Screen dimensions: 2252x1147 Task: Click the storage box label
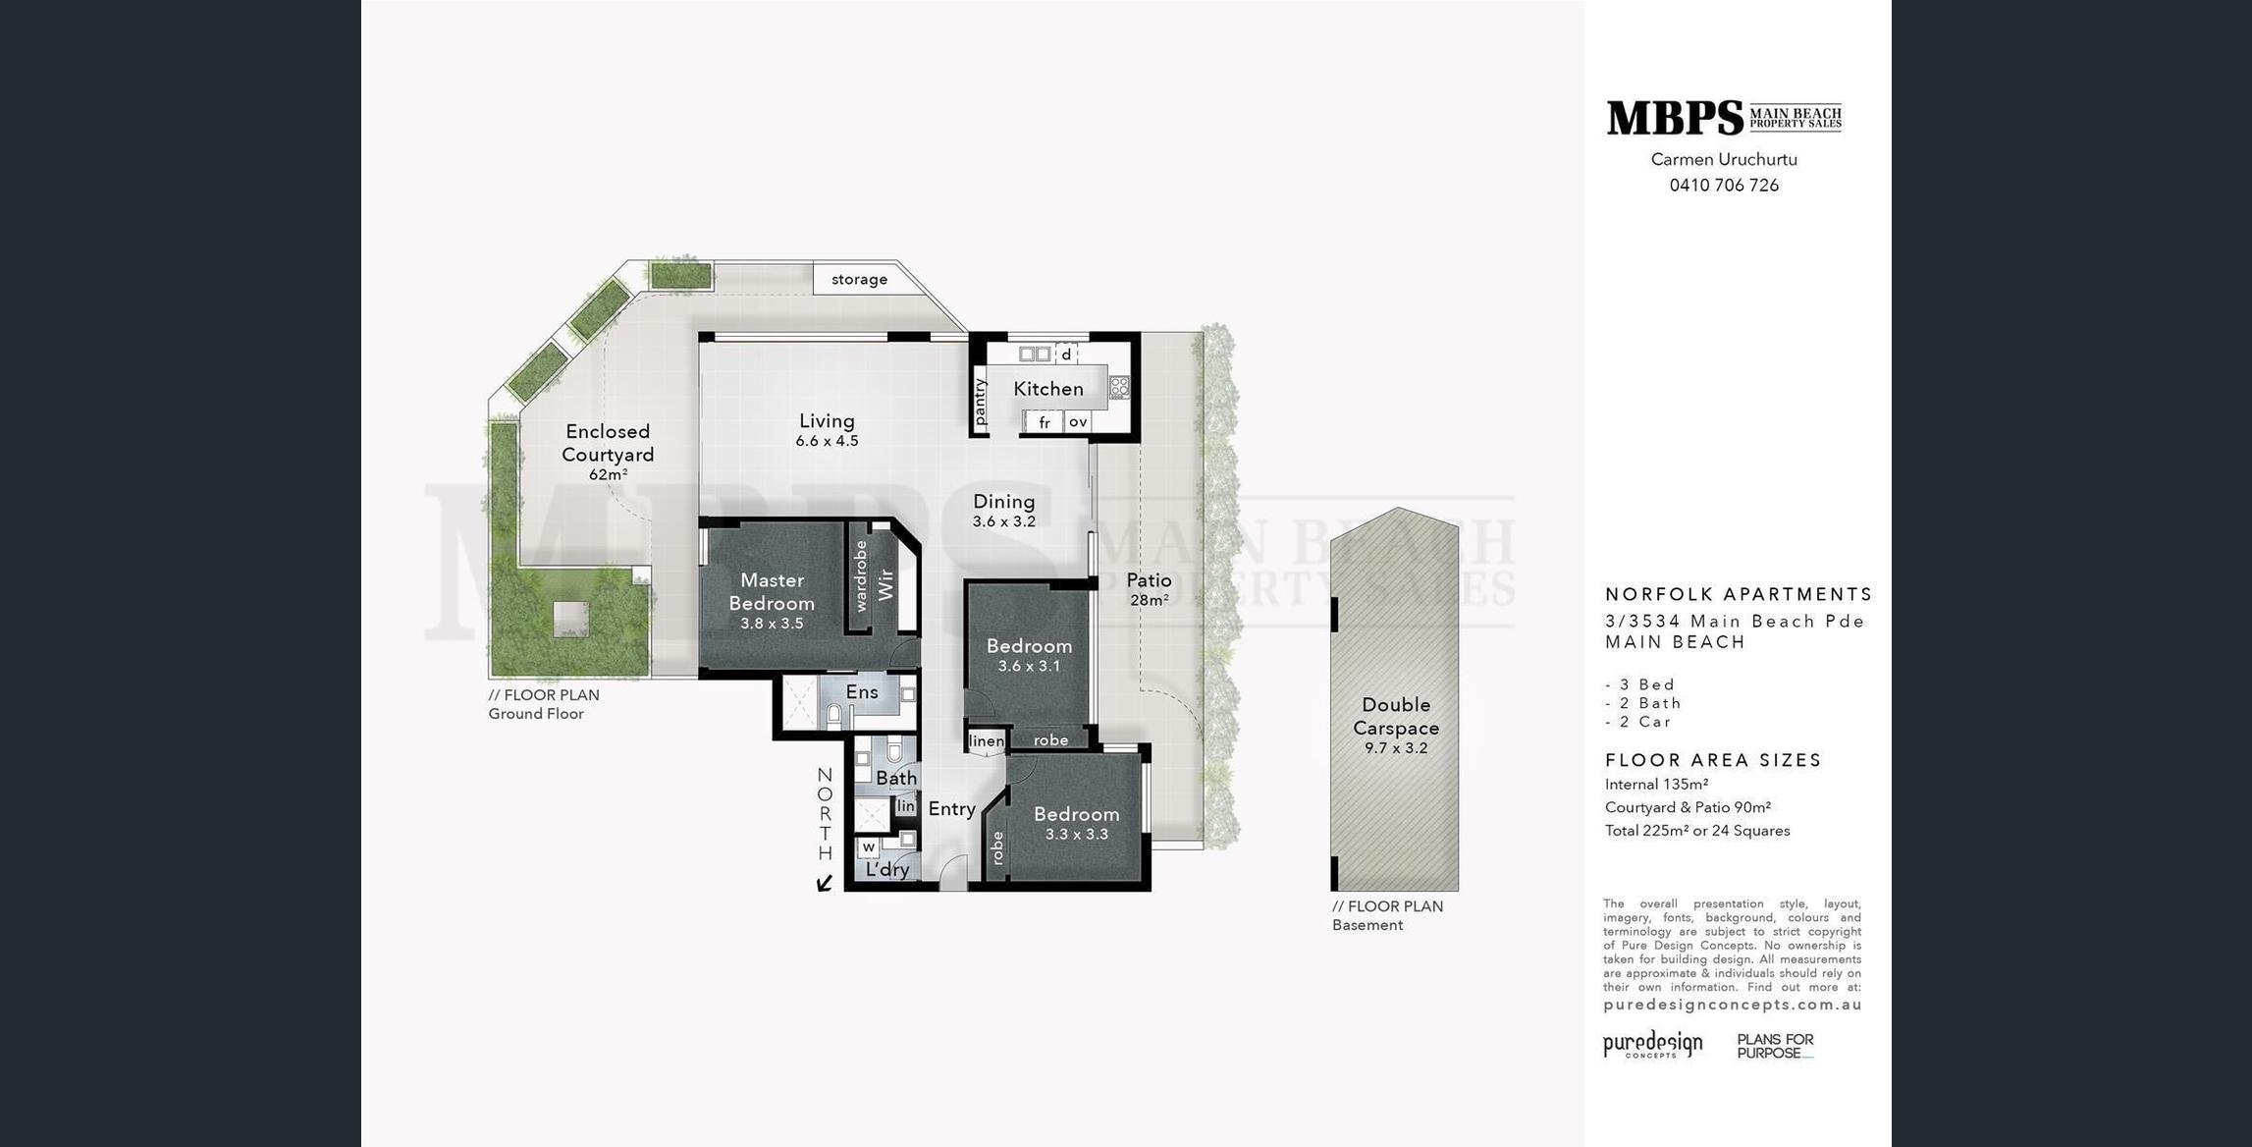tap(859, 279)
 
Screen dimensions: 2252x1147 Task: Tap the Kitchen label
tap(1048, 389)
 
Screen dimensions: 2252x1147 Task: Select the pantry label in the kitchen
tap(980, 402)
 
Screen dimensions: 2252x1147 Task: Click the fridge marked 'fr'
tap(1045, 422)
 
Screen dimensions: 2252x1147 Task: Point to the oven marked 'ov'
tap(1078, 421)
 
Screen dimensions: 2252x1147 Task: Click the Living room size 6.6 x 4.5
tap(827, 441)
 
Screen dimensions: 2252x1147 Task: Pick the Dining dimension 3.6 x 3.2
tap(1003, 521)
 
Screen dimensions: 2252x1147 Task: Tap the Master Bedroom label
tap(772, 591)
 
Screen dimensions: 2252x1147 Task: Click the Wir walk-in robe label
tap(886, 585)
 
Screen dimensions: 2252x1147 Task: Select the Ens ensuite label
tap(862, 691)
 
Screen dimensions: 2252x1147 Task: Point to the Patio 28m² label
tap(1149, 589)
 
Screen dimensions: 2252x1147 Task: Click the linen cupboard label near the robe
tap(987, 740)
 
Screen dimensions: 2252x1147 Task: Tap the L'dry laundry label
tap(887, 869)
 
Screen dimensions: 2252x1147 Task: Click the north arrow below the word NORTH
tap(825, 883)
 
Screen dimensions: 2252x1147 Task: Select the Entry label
tap(951, 808)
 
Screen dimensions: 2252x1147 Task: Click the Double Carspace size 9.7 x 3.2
tap(1396, 748)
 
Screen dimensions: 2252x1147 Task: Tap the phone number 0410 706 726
tap(1724, 185)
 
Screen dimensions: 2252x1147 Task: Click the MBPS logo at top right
tap(1724, 118)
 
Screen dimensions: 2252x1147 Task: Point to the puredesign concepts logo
tap(1653, 1045)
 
